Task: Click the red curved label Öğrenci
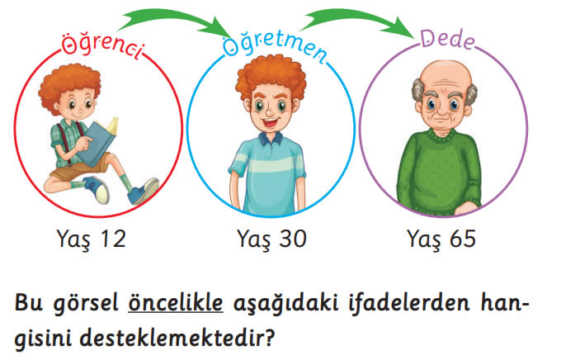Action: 103,46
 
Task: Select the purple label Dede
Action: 448,39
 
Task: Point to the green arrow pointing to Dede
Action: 358,19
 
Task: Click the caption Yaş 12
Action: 92,239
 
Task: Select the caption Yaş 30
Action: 271,239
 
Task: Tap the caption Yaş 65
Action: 441,239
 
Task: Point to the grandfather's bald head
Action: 445,76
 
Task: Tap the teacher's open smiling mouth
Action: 271,122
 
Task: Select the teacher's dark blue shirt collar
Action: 271,138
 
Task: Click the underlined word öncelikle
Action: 176,303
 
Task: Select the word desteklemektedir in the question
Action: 177,338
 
